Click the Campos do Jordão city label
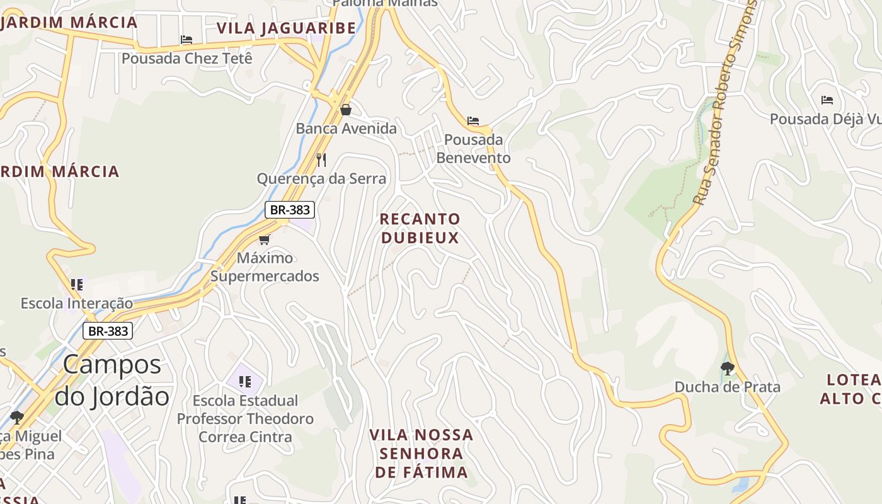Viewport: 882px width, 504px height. [x=112, y=381]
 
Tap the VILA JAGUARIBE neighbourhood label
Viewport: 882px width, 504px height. [x=287, y=28]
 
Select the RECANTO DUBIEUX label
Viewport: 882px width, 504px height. [x=420, y=228]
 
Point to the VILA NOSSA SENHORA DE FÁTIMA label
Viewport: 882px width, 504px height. [x=421, y=454]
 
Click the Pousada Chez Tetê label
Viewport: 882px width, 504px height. [x=187, y=59]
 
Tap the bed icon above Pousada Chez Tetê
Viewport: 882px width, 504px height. [x=186, y=40]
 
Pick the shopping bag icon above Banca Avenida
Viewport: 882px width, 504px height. [x=346, y=110]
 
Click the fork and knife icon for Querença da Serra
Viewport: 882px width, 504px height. [x=321, y=159]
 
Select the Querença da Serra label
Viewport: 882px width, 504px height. [x=321, y=178]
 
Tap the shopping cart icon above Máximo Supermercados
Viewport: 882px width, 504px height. [x=265, y=239]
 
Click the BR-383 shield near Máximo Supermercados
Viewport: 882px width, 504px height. [x=290, y=210]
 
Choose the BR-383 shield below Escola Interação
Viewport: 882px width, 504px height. [x=108, y=331]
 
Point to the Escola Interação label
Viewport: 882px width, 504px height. [x=77, y=303]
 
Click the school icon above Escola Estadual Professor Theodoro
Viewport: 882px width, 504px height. [x=245, y=381]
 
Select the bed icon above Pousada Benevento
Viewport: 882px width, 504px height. [x=473, y=120]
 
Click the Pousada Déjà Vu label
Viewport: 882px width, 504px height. [x=825, y=119]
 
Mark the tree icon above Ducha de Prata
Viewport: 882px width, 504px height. [x=728, y=368]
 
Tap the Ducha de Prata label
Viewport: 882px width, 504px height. [x=728, y=387]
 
